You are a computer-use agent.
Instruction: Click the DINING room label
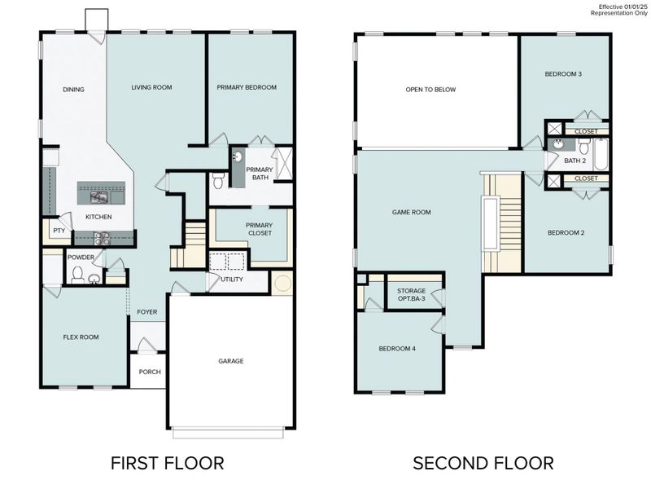pyautogui.click(x=74, y=90)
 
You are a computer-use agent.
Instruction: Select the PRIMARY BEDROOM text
pyautogui.click(x=247, y=87)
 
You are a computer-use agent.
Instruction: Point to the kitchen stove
pyautogui.click(x=103, y=238)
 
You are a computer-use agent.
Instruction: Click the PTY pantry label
pyautogui.click(x=59, y=231)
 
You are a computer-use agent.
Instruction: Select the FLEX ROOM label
pyautogui.click(x=81, y=337)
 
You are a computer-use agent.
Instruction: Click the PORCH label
pyautogui.click(x=150, y=372)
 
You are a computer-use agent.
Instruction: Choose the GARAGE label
pyautogui.click(x=230, y=361)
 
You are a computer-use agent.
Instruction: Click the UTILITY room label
pyautogui.click(x=232, y=280)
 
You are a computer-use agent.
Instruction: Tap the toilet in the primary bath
pyautogui.click(x=216, y=182)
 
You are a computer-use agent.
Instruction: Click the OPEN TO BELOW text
pyautogui.click(x=430, y=90)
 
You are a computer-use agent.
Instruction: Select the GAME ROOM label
pyautogui.click(x=411, y=212)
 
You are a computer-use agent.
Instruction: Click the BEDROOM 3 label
pyautogui.click(x=563, y=74)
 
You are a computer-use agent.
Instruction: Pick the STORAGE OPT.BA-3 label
pyautogui.click(x=411, y=295)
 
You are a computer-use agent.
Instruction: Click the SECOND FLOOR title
pyautogui.click(x=483, y=464)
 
